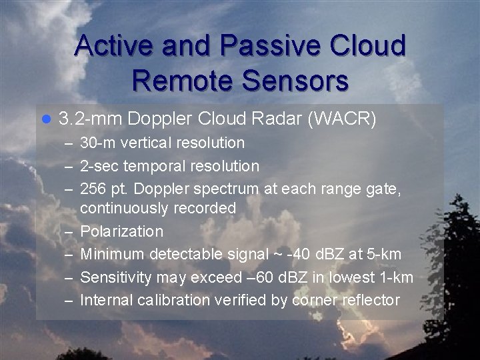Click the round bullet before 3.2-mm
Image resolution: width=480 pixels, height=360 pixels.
(x=46, y=120)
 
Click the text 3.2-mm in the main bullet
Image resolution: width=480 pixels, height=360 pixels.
(x=90, y=119)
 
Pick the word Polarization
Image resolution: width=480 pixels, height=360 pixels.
(x=121, y=231)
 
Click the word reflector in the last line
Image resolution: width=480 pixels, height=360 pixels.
(x=370, y=299)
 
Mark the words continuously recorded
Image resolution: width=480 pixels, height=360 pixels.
(x=158, y=209)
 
